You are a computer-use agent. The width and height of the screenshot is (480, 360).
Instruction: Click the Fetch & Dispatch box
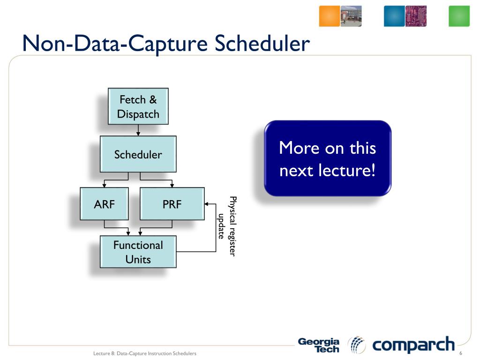click(x=138, y=106)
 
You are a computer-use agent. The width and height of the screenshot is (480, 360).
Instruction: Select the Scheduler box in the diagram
click(x=138, y=154)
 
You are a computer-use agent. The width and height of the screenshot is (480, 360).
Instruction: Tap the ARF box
click(x=104, y=204)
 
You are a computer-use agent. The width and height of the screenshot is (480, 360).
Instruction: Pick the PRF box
click(x=172, y=204)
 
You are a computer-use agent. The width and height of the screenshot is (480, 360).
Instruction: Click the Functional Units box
click(x=138, y=252)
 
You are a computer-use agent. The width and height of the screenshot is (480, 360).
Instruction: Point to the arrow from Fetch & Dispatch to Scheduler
click(x=138, y=130)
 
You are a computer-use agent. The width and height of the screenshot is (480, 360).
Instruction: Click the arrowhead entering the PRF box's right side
click(x=207, y=204)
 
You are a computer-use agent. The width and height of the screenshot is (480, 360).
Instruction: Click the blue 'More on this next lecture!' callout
click(x=327, y=158)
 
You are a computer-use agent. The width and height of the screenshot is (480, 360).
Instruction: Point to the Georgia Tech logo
click(x=319, y=345)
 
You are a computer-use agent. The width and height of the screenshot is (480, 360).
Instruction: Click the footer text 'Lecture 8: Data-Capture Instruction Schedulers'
click(x=144, y=353)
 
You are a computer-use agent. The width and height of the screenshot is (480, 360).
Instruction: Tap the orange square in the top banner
click(x=329, y=16)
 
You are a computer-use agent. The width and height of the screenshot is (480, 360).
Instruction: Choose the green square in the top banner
click(x=459, y=16)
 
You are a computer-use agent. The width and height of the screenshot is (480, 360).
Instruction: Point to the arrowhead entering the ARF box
click(x=104, y=186)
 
